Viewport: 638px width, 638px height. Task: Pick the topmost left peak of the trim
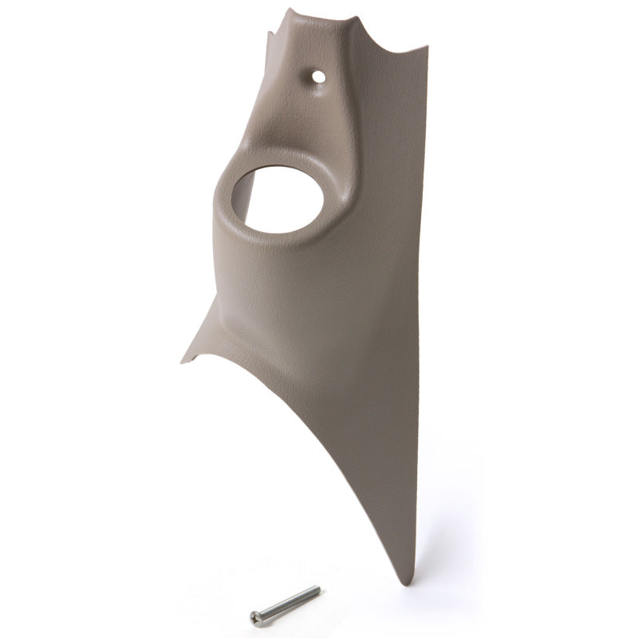click(289, 10)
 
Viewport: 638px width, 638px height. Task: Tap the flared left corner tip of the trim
click(183, 360)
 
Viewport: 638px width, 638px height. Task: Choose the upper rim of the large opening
click(279, 167)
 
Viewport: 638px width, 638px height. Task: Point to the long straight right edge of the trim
click(421, 319)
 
